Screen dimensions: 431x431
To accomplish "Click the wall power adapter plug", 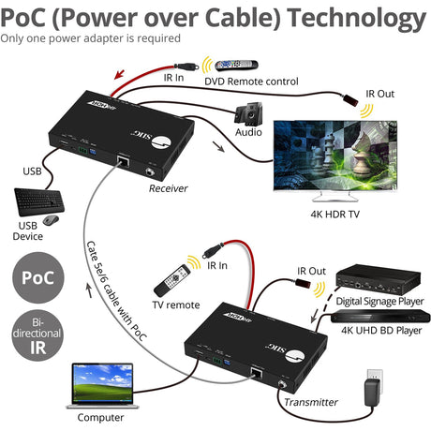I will (375, 385).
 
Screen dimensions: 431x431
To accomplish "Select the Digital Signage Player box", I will (379, 278).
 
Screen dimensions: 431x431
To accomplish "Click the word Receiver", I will (169, 188).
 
